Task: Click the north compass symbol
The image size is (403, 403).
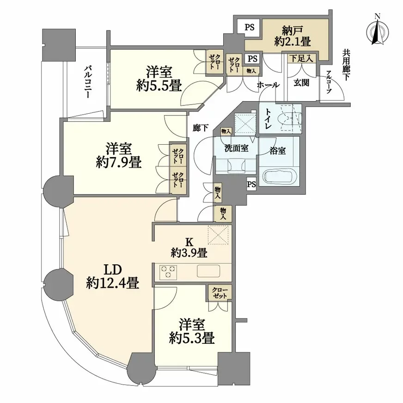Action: (x=378, y=31)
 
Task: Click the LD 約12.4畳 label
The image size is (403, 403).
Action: (x=112, y=276)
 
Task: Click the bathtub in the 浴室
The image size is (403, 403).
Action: (x=280, y=177)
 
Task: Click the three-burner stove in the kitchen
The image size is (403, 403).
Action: (x=167, y=272)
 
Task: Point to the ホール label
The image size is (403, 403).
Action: (x=268, y=85)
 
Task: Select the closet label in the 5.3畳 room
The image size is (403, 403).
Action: (x=220, y=293)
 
